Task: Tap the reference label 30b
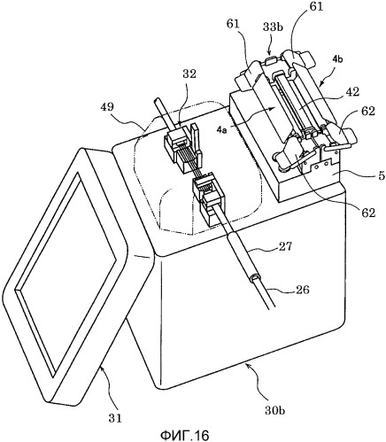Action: (274, 411)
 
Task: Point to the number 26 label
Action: (302, 290)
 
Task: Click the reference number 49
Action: (107, 106)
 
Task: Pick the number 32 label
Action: (189, 74)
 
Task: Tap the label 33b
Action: (273, 27)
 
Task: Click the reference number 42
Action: (351, 92)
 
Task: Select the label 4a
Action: (222, 129)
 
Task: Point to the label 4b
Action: (337, 59)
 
